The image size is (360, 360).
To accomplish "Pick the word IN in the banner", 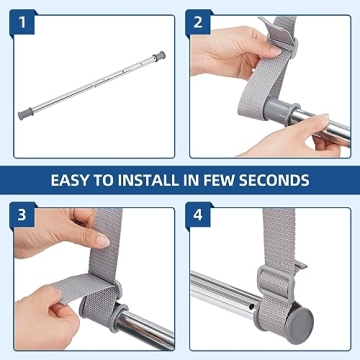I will [196, 181].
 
